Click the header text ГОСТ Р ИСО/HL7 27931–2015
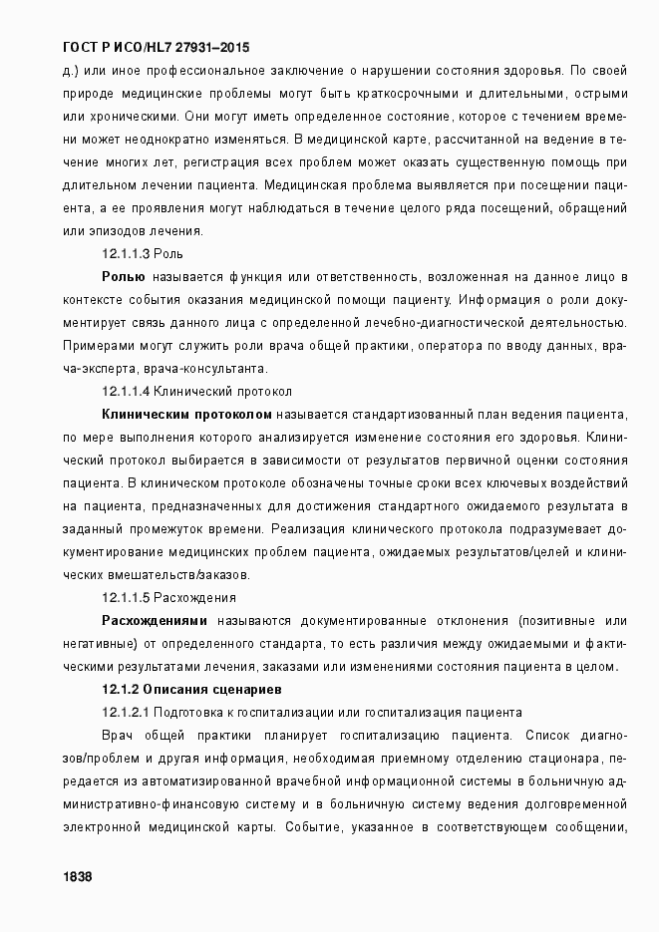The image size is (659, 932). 157,47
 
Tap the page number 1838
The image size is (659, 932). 77,875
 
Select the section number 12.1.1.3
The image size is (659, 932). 126,254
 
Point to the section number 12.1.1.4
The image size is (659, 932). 126,392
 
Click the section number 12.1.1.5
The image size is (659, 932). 126,598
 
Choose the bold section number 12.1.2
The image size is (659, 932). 120,689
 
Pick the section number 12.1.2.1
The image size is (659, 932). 126,712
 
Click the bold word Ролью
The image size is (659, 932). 125,276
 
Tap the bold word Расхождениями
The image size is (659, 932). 161,621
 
